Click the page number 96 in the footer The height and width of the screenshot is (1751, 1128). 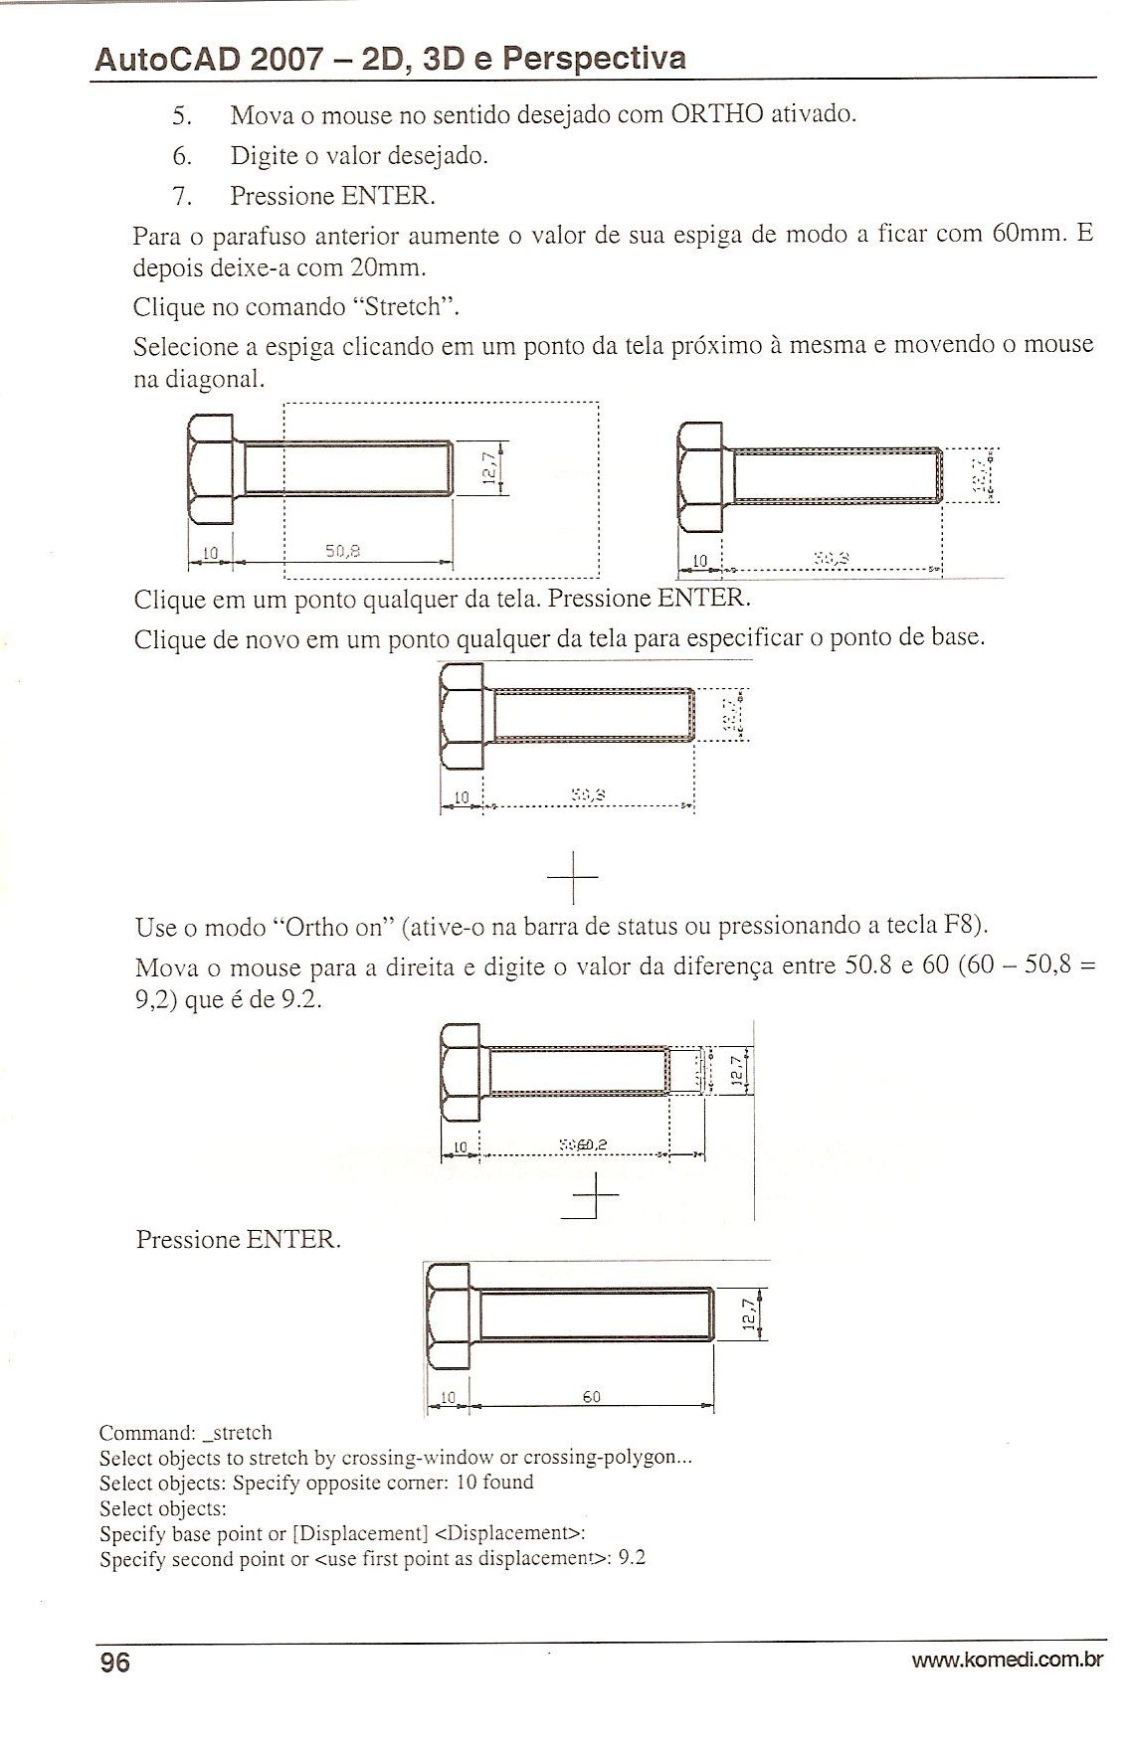tap(114, 1662)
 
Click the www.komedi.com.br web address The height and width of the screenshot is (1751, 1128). tap(1009, 1659)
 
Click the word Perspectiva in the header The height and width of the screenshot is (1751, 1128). tap(594, 58)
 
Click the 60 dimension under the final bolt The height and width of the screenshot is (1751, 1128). tap(591, 1397)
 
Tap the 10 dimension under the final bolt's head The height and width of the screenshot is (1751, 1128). tap(448, 1397)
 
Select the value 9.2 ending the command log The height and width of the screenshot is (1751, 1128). tap(632, 1558)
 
